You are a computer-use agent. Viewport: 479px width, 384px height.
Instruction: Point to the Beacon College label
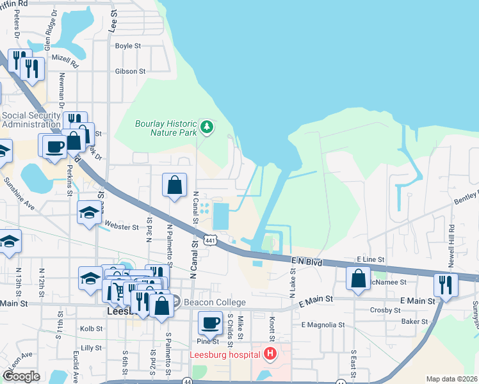click(215, 303)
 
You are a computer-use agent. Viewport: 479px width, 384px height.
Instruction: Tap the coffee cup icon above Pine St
click(210, 324)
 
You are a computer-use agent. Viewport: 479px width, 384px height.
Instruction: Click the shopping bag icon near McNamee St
click(358, 278)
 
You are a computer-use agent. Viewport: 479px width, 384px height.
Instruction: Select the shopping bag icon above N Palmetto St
click(175, 186)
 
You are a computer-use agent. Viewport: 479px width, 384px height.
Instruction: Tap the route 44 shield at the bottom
click(187, 381)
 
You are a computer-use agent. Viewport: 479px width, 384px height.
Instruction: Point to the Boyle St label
click(127, 46)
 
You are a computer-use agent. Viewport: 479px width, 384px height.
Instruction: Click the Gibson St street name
click(131, 72)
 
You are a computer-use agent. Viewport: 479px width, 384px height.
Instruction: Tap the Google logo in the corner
click(21, 376)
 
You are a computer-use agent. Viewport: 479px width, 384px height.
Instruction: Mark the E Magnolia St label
click(323, 325)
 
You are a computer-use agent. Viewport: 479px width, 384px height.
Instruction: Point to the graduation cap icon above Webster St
click(89, 212)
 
